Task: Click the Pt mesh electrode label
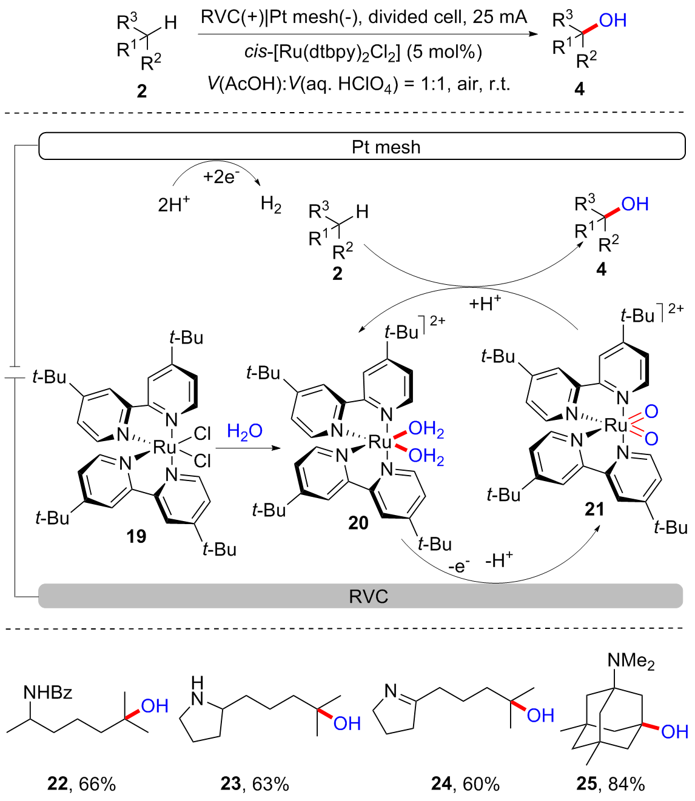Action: [x=386, y=147]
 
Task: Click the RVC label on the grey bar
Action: [x=368, y=596]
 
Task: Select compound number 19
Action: [x=136, y=536]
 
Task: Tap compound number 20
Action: [x=358, y=522]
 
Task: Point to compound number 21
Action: [x=594, y=509]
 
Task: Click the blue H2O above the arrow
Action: [x=244, y=431]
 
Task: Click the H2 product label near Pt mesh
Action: [x=271, y=205]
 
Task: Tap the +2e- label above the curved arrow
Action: [x=221, y=176]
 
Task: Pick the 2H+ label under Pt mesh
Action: [x=173, y=204]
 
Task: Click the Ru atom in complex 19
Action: [x=164, y=448]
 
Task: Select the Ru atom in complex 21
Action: [x=616, y=425]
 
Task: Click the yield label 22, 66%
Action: [x=81, y=784]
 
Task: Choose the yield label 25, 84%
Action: [x=611, y=784]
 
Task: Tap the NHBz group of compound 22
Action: [x=48, y=692]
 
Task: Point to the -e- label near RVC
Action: [x=458, y=566]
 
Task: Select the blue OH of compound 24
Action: [x=540, y=716]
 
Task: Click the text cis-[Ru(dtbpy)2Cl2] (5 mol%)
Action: [x=363, y=52]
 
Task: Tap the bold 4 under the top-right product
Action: [x=579, y=89]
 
